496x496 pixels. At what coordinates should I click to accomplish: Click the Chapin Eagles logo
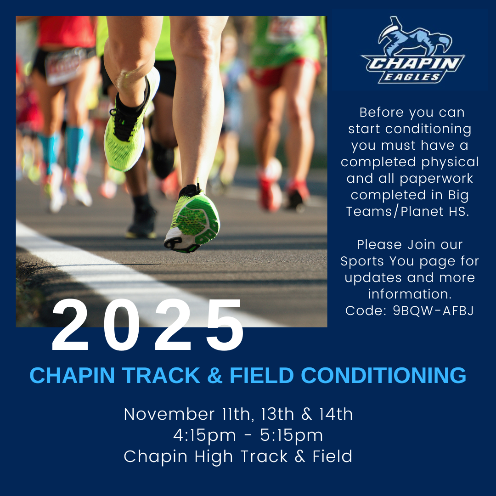[x=413, y=50]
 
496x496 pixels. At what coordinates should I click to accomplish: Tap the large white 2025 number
[x=148, y=325]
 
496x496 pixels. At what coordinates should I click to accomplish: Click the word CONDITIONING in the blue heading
[x=383, y=376]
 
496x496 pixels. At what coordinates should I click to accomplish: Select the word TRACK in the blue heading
[x=161, y=376]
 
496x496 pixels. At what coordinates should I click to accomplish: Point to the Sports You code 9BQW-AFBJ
[x=433, y=311]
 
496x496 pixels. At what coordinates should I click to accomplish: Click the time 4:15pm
[x=204, y=435]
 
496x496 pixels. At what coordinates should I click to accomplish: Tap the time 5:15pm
[x=291, y=435]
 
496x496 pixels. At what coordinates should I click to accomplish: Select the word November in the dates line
[x=169, y=414]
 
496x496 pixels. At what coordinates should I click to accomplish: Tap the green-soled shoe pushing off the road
[x=192, y=219]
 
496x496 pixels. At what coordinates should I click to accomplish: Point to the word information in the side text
[x=410, y=294]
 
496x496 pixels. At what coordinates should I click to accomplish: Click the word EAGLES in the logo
[x=412, y=77]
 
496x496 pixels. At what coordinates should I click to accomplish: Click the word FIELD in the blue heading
[x=262, y=376]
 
